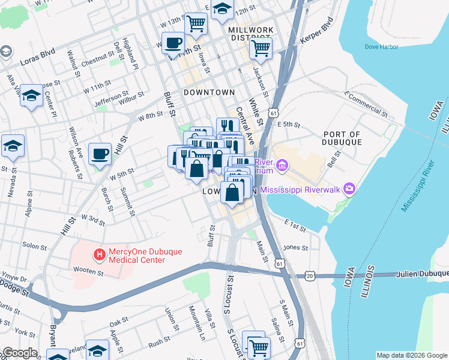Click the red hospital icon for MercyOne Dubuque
pos(99,256)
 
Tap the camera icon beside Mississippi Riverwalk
pos(349,190)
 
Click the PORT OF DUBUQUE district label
pos(342,139)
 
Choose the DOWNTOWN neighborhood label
pos(209,92)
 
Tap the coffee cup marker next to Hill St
pos(100,154)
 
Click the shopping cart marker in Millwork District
pos(261,49)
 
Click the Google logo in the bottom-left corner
pos(20,353)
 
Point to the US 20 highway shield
pos(309,275)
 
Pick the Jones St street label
pos(295,247)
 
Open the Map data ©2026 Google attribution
pos(412,355)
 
